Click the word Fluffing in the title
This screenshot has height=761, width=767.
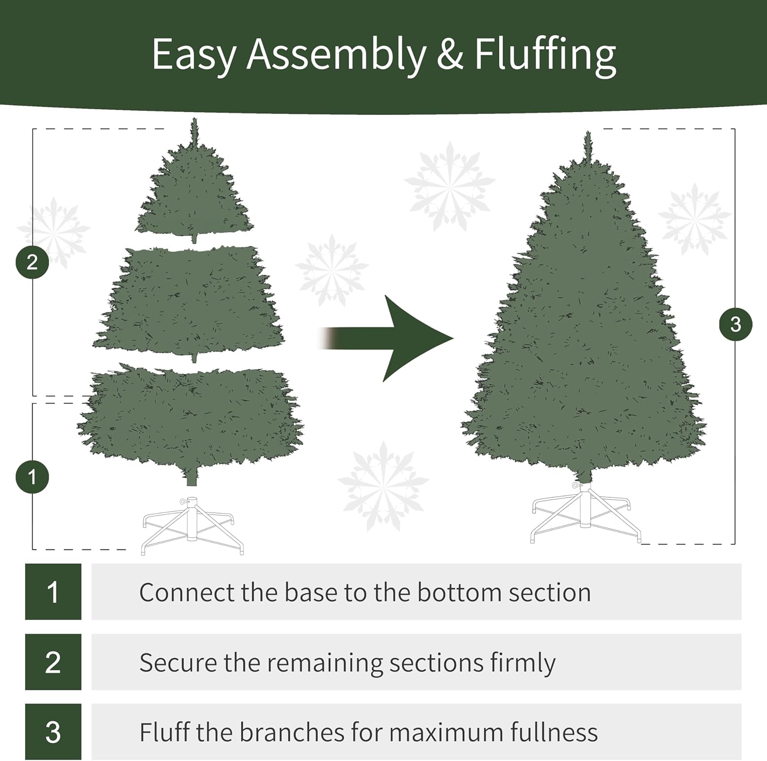coord(545,55)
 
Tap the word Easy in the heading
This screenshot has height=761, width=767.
coord(194,55)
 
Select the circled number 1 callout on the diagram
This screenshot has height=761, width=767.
coord(32,477)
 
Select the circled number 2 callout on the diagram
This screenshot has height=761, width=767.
coord(32,262)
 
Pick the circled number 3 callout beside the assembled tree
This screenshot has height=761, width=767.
coord(735,324)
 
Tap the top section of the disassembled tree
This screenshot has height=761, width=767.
coord(194,194)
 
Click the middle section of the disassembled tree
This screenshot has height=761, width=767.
coord(189,302)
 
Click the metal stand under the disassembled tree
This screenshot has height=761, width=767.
coord(192,526)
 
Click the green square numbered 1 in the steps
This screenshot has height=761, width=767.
coord(53,592)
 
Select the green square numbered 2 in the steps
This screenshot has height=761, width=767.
coord(53,662)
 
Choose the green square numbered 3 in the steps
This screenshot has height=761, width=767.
coord(53,731)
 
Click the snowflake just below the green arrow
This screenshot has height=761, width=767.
coord(383,486)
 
